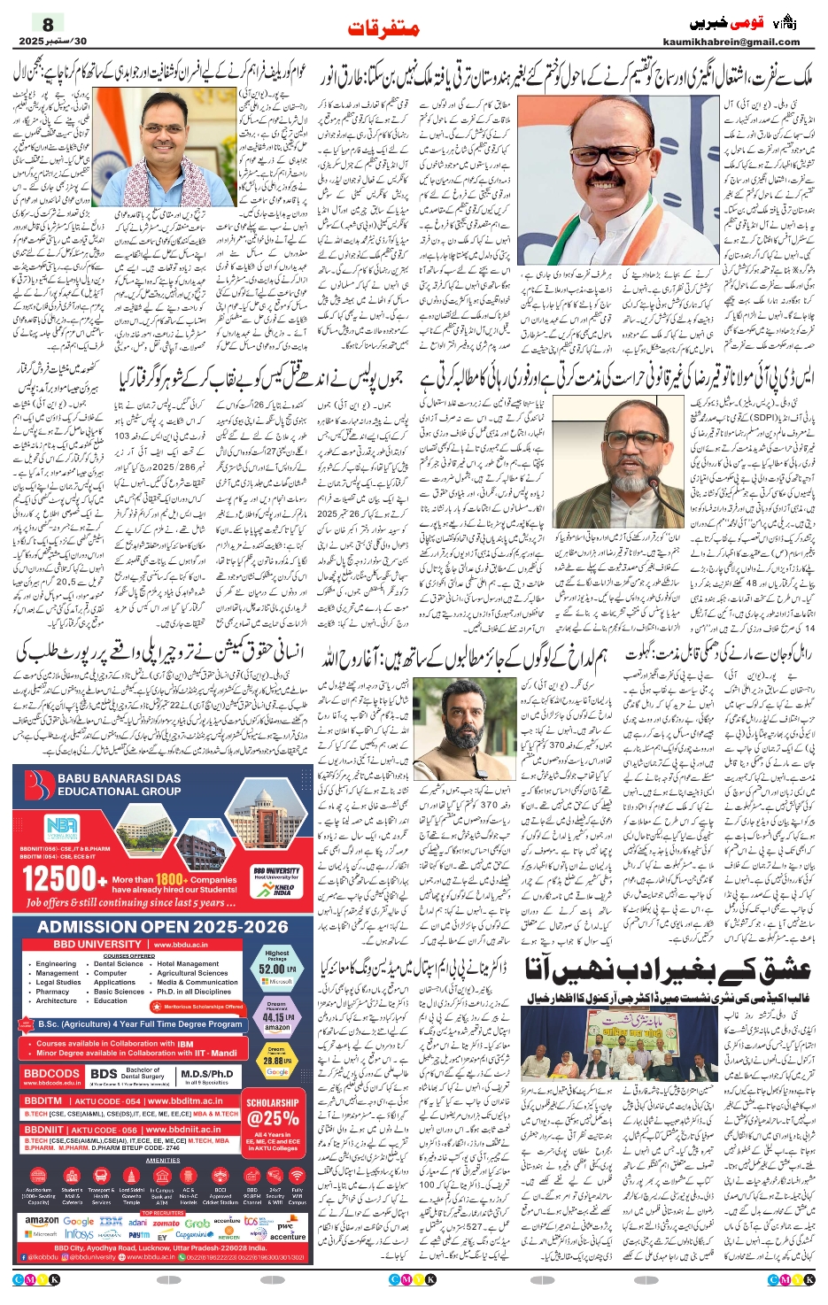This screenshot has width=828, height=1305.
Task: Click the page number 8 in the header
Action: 48,24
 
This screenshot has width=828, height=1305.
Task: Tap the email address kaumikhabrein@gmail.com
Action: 731,42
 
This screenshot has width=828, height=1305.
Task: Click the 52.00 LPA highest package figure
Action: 276,969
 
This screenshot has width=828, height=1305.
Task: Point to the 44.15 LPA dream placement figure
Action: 276,1017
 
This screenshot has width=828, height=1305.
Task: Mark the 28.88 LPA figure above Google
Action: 276,1060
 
